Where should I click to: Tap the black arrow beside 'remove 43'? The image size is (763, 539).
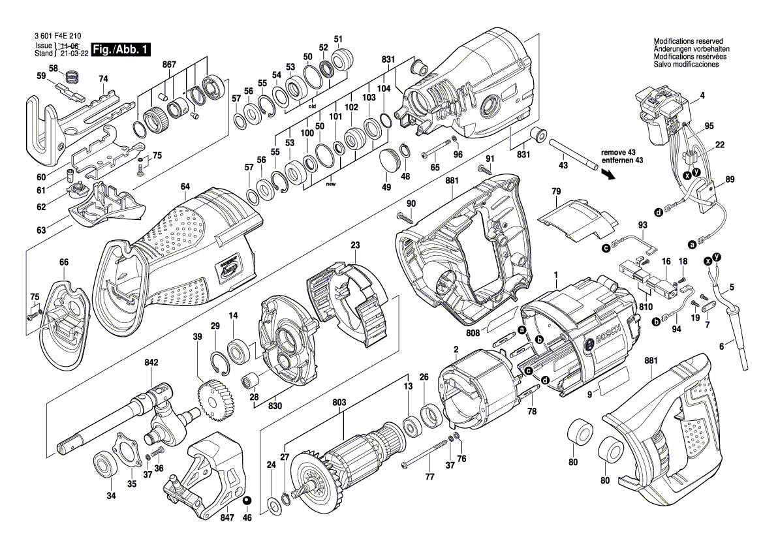click(x=608, y=174)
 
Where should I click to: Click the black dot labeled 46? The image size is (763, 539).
click(x=247, y=501)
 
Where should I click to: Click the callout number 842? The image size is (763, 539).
click(x=151, y=362)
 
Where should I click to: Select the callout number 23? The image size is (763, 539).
click(x=355, y=245)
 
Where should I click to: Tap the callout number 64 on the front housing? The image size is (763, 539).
click(x=185, y=187)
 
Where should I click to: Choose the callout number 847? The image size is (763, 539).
click(x=226, y=514)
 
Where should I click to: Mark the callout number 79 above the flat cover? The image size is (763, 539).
click(x=556, y=191)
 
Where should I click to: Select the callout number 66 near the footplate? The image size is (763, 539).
click(x=63, y=262)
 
